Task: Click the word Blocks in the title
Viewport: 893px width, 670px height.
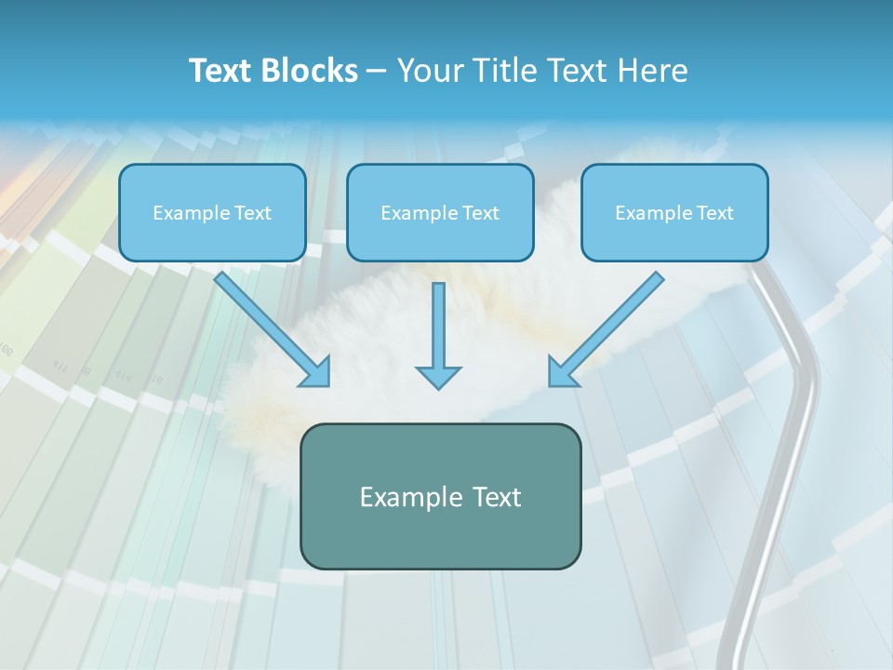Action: [x=311, y=71]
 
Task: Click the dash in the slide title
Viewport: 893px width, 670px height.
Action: [x=377, y=72]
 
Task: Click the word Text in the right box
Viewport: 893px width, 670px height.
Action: [x=714, y=213]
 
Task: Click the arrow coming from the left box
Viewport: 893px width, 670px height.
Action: [x=270, y=328]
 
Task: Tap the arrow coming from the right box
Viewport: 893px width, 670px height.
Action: [x=609, y=328]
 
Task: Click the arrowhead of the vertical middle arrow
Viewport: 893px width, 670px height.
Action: [x=438, y=377]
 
